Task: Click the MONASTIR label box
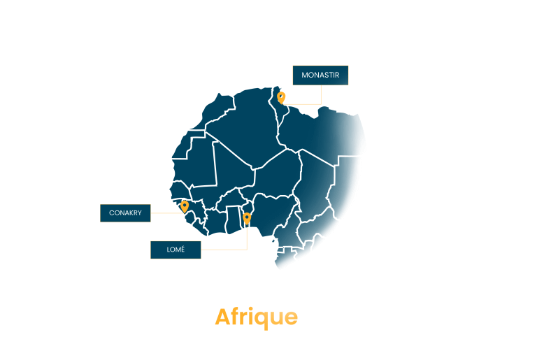[x=320, y=75]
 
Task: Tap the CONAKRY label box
[x=125, y=213]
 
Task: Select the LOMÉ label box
[x=176, y=250]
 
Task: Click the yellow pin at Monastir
[x=281, y=98]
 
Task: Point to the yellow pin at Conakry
[x=185, y=206]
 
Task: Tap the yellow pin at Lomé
[x=247, y=219]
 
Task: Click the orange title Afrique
[x=256, y=317]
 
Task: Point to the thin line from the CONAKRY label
[x=168, y=213]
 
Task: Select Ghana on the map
[x=234, y=219]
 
